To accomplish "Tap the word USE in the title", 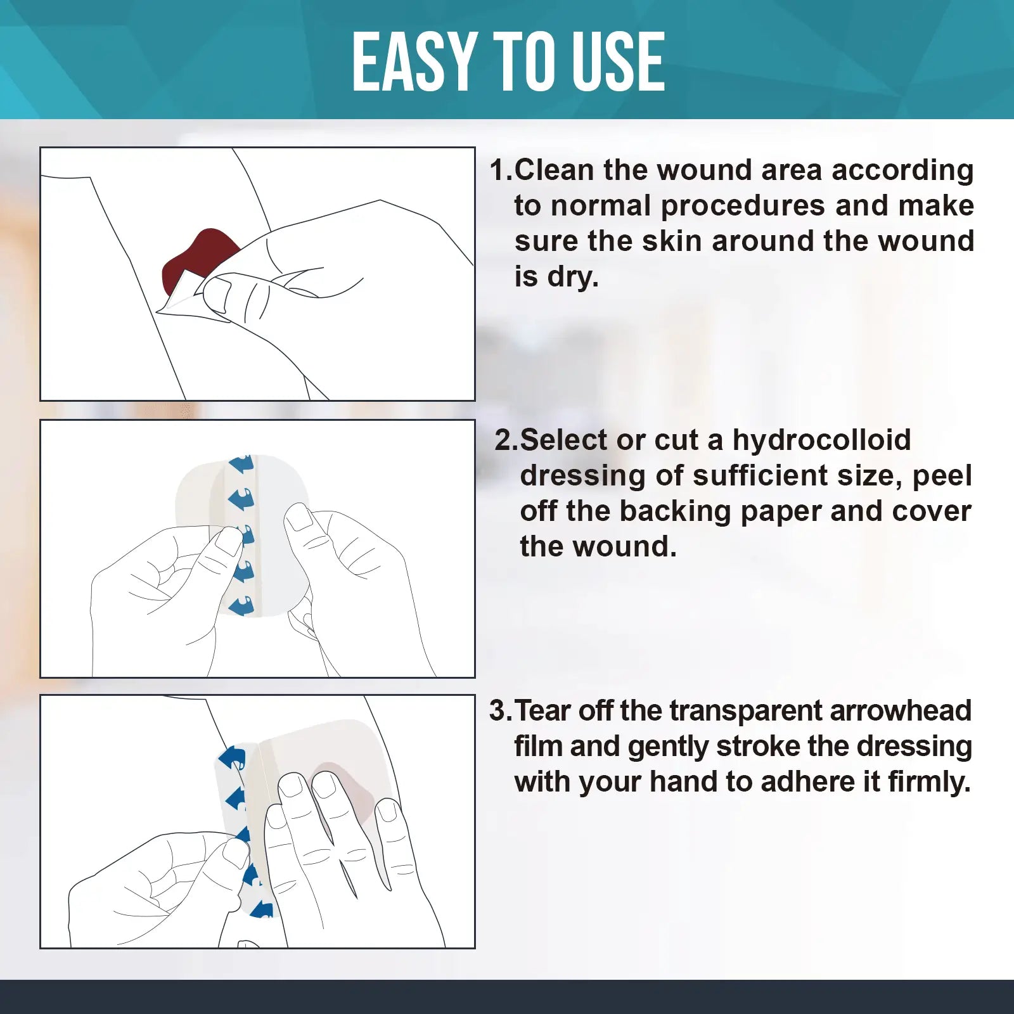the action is click(614, 61).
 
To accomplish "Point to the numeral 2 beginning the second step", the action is click(506, 440).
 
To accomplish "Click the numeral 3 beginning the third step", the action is click(499, 710).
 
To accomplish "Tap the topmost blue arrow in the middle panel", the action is click(242, 463).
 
